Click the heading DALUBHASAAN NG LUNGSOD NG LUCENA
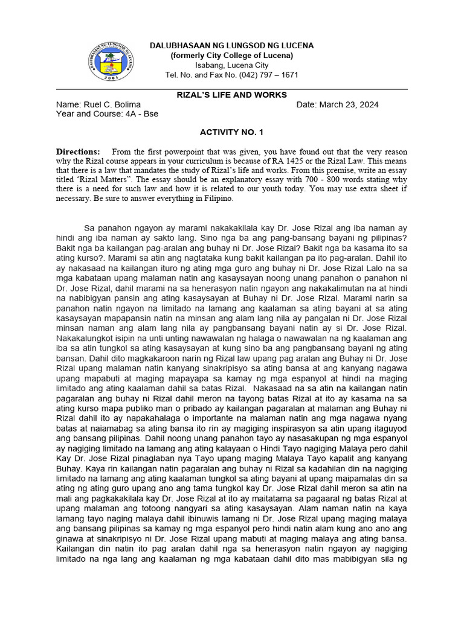coord(231,46)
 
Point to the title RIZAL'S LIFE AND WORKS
coord(231,95)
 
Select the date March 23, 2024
coord(353,104)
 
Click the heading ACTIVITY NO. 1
coord(231,132)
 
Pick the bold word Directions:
coord(78,151)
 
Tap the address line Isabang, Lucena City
coord(231,65)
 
